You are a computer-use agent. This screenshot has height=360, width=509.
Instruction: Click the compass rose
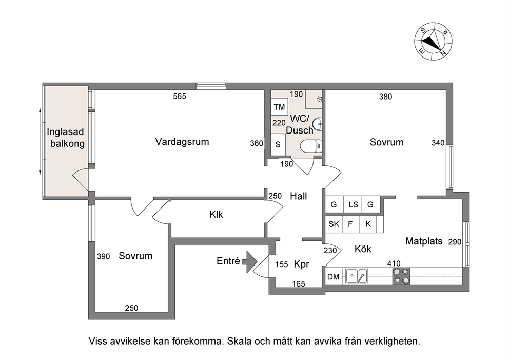point(434,42)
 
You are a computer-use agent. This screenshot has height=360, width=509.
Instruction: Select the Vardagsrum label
point(182,142)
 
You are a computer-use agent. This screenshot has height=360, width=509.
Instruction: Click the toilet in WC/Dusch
point(311,146)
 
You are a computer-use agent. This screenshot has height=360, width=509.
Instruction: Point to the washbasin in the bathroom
point(317,123)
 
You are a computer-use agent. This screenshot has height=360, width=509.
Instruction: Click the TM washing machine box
point(279,107)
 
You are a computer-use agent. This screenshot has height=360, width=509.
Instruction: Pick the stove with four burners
point(401,276)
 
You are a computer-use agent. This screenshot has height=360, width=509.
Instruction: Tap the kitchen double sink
point(357,276)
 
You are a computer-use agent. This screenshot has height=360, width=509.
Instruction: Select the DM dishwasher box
point(334,276)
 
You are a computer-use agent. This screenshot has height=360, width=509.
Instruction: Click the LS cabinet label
point(353,205)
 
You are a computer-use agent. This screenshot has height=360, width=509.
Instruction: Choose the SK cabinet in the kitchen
point(334,224)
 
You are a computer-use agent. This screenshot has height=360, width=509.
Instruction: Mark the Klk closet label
point(216,215)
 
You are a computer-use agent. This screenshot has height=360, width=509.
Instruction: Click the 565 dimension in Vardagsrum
point(180,96)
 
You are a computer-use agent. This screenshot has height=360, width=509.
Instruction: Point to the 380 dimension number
point(386,97)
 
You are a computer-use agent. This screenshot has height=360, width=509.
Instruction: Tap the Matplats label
point(424,241)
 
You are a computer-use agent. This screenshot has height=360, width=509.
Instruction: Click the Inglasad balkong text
point(66,138)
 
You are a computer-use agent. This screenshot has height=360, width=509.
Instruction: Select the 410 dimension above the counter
point(394,263)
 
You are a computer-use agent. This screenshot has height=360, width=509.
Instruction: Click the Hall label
point(299,196)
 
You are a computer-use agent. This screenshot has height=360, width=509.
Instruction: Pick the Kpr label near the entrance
point(302,264)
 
